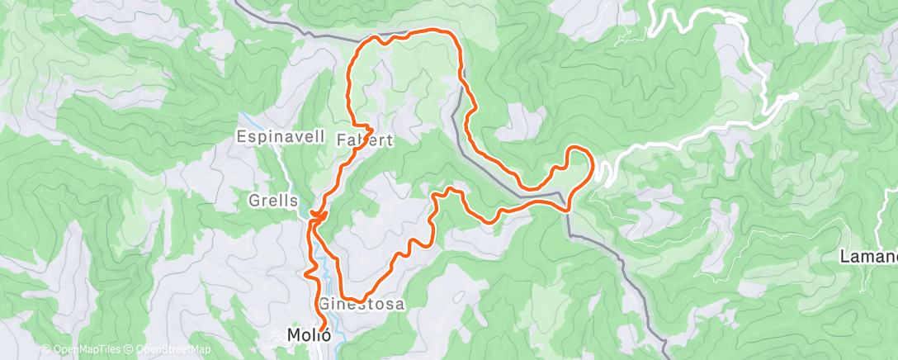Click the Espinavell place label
(273, 137)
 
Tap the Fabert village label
(365, 141)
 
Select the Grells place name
(272, 201)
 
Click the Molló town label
(309, 335)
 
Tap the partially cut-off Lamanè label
(868, 256)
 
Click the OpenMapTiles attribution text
(83, 351)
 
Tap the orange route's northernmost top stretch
(429, 31)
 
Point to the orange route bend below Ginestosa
(353, 298)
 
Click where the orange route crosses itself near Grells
(316, 217)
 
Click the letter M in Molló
(293, 335)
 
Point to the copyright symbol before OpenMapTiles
(45, 351)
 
